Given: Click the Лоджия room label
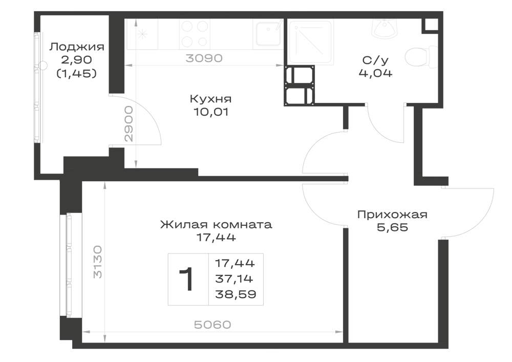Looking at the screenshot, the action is point(77,47).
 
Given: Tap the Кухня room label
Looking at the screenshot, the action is point(210,99).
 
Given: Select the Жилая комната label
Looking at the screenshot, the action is point(216,225).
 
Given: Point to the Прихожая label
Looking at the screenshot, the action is point(392,215).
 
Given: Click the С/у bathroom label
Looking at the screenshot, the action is point(375,60).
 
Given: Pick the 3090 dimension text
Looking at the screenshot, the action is point(204,58).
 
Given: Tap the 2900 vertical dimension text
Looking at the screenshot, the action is point(130,124).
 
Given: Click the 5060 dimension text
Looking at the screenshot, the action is point(212,325).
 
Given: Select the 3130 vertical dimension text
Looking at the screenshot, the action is point(98,262).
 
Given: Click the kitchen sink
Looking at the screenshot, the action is point(268,34).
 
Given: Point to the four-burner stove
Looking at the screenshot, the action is point(194,34).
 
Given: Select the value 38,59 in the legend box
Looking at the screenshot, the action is point(236,294).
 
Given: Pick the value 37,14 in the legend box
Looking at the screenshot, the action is point(234,279).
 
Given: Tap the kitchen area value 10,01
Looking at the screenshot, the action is point(210,112).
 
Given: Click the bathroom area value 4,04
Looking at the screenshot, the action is point(375,73).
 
